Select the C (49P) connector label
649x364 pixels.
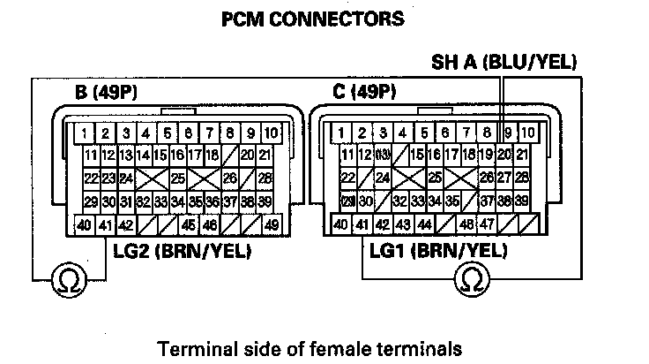[364, 92]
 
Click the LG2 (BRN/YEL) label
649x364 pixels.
[182, 252]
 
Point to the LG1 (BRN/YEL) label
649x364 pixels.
[436, 252]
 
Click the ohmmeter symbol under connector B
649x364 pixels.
[65, 279]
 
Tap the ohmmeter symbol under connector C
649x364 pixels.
[473, 279]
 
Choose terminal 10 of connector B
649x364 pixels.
[272, 133]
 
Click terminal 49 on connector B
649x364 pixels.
[272, 224]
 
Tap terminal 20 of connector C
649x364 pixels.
[505, 155]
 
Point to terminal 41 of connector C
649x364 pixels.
[360, 224]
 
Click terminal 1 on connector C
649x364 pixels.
[338, 133]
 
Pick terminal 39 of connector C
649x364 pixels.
[523, 201]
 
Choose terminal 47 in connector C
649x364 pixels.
[485, 224]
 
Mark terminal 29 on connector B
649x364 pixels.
[90, 201]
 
